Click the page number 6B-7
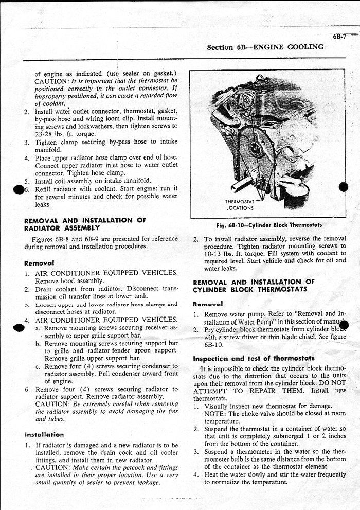340,36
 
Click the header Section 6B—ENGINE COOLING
265,47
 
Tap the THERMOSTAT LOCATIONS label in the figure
240,205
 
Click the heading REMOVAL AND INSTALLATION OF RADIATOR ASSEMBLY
85,224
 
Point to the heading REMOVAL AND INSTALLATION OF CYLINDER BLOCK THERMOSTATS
254,286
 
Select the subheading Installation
45,434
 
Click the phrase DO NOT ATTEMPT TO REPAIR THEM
269,391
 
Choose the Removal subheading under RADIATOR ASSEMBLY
40,262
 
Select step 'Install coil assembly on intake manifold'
93,181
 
